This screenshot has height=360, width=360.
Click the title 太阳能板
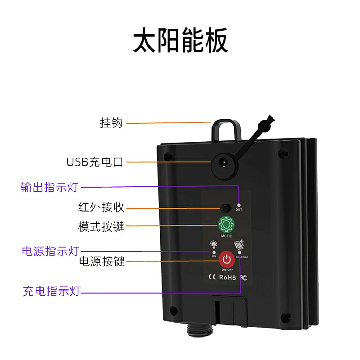[x=180, y=42]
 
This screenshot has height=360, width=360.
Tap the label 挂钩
[x=111, y=122]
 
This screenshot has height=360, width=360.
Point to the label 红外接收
[x=101, y=207]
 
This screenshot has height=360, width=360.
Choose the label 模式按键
[x=101, y=226]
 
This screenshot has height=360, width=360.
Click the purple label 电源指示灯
[x=50, y=251]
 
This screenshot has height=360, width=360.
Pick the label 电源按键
[x=102, y=261]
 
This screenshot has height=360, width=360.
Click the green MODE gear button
[x=226, y=224]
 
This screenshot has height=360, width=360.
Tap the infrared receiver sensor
[x=225, y=208]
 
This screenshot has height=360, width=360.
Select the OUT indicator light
[x=239, y=205]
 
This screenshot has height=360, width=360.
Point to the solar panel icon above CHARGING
[x=239, y=244]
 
